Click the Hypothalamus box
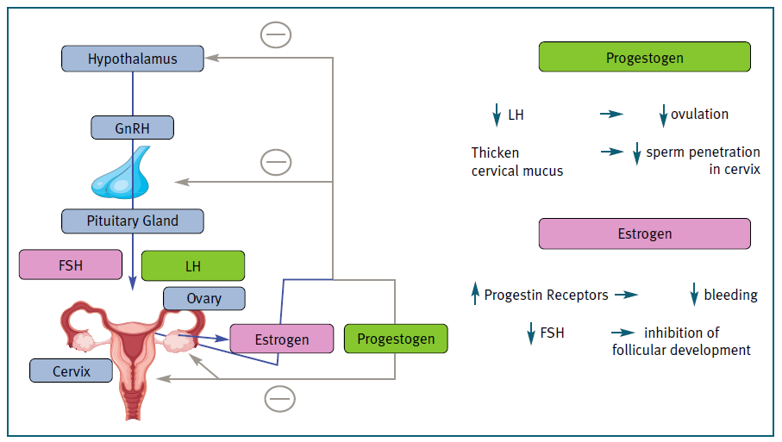click(133, 59)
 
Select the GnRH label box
click(133, 128)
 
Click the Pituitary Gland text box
click(133, 221)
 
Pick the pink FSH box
click(71, 265)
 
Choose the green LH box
click(192, 266)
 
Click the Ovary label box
click(204, 298)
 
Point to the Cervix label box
click(72, 370)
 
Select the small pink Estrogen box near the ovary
click(281, 339)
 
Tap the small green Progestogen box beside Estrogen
click(396, 339)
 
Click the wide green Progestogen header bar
click(644, 58)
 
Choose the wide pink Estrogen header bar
click(644, 233)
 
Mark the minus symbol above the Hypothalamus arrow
click(276, 35)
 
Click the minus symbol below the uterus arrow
click(279, 399)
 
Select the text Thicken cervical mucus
click(516, 161)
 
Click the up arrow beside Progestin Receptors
click(474, 295)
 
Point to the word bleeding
click(730, 295)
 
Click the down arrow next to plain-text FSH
click(531, 333)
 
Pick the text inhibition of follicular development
click(681, 341)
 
